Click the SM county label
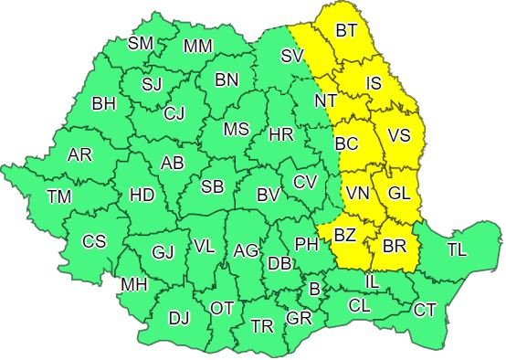pos(141,42)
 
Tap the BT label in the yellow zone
pos(346,31)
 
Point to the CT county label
pos(425,311)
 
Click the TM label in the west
pos(58,196)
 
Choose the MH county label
pos(134,285)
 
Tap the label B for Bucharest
pos(315,290)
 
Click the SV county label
pos(291,56)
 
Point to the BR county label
pos(395,246)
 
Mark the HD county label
pos(142,195)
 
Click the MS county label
pos(236,130)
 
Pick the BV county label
pos(267,195)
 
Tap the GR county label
pos(299,318)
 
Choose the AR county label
pos(79,154)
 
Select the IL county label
pos(372,282)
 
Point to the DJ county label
pos(179,319)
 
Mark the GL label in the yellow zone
pos(399,194)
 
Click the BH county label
pos(103,103)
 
